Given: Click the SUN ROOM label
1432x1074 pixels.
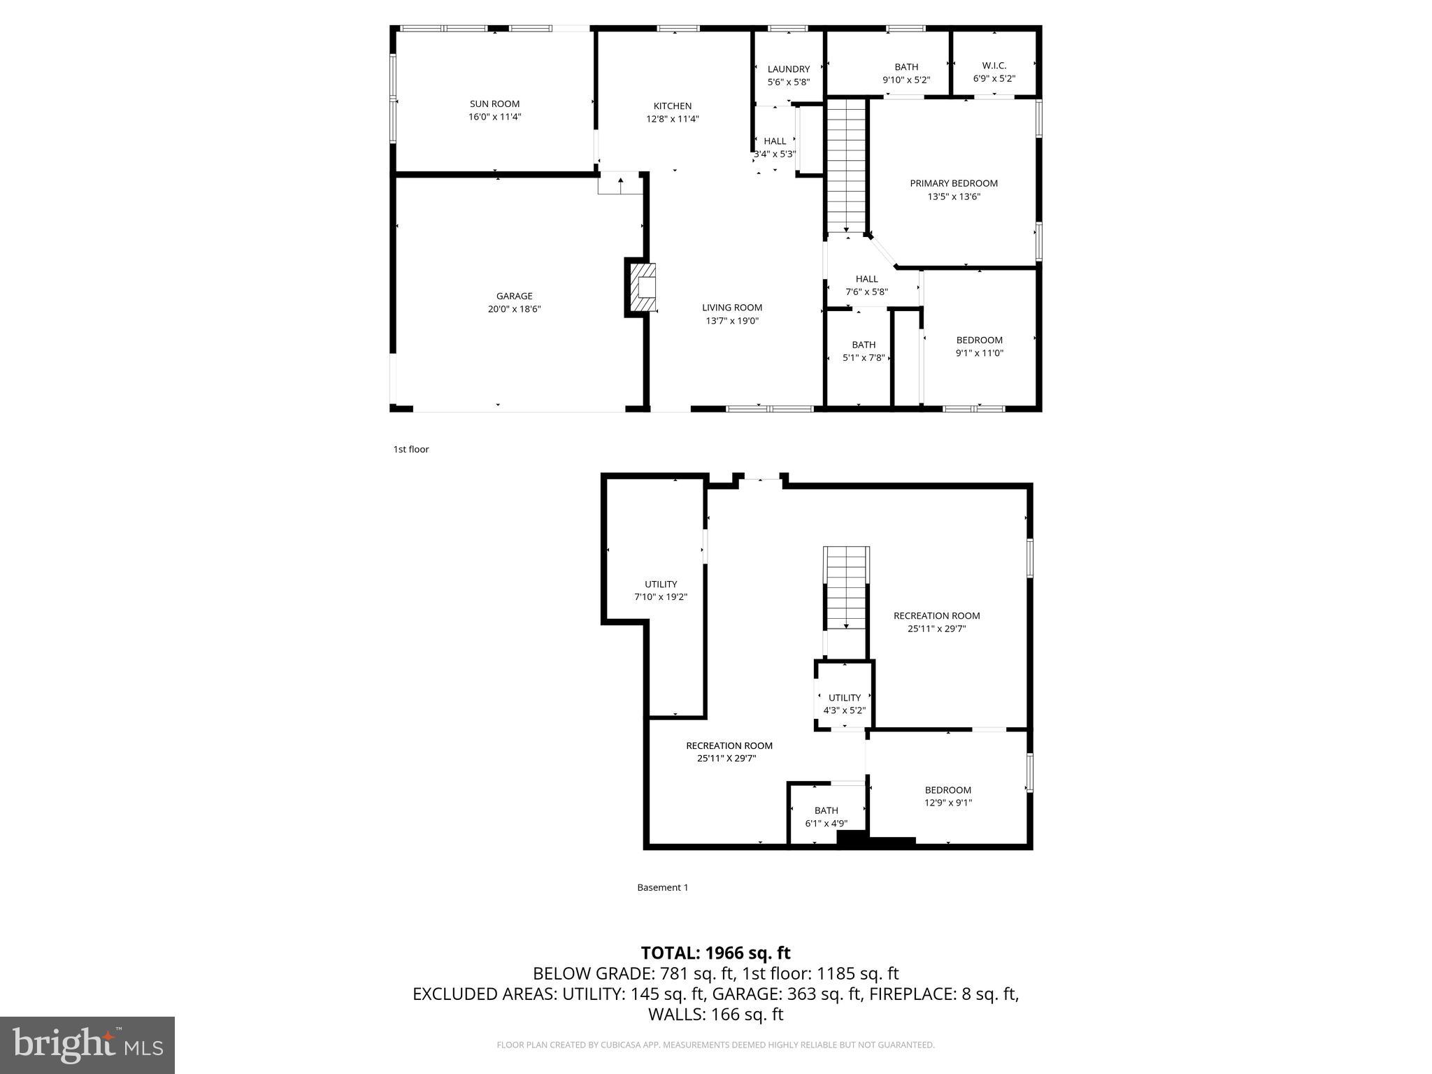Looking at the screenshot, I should coord(494,104).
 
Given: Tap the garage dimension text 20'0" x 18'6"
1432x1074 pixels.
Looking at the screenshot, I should coord(514,309).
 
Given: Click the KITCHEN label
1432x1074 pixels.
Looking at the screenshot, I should coord(672,106).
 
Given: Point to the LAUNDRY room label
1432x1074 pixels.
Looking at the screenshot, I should coord(788,69).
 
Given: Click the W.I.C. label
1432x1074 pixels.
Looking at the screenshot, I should coord(994,66).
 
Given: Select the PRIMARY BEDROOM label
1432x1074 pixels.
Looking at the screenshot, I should coord(953,184).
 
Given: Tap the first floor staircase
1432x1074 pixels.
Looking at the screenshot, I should coord(846,166).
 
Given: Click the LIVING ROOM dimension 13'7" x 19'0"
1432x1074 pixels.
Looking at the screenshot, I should coord(732,321).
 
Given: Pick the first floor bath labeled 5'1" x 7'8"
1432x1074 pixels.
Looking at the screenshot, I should coord(864,351).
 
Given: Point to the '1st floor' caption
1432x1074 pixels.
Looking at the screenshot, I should coord(410,450).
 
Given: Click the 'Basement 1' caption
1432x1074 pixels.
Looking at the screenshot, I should coord(662,887).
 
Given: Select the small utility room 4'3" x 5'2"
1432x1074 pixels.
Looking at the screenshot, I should coord(844,703).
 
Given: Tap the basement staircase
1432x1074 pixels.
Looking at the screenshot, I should coord(846,587).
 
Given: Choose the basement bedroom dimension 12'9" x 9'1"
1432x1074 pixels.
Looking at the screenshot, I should coord(947,803).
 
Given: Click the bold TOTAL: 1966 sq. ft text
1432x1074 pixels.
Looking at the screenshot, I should coord(715,953).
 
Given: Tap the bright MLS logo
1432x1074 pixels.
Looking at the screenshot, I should coord(87,1045).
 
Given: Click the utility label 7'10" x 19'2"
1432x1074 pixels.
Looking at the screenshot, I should coord(660,597).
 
